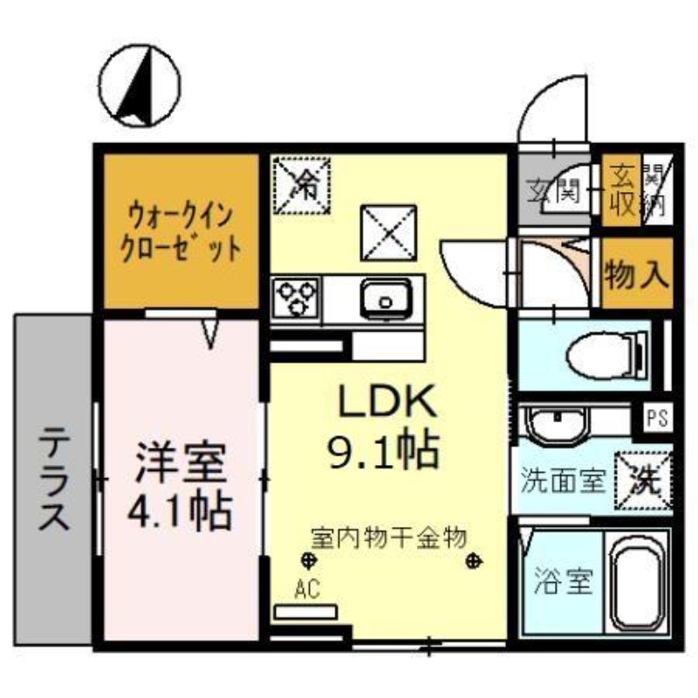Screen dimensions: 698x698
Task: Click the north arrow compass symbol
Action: [140, 85]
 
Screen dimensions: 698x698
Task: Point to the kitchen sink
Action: [385, 299]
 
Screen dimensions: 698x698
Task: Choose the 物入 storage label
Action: [637, 275]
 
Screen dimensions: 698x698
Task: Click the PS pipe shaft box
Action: [658, 418]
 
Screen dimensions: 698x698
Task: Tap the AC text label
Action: [305, 590]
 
